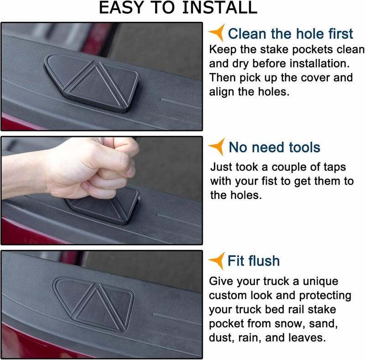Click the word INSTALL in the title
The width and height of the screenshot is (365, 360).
point(219,7)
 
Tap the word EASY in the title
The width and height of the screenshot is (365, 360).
point(121,7)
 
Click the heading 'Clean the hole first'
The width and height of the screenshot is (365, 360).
point(290,34)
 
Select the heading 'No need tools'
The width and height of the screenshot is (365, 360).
point(275,147)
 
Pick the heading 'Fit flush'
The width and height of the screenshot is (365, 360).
point(254,261)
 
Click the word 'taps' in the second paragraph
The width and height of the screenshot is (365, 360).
point(335,167)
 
